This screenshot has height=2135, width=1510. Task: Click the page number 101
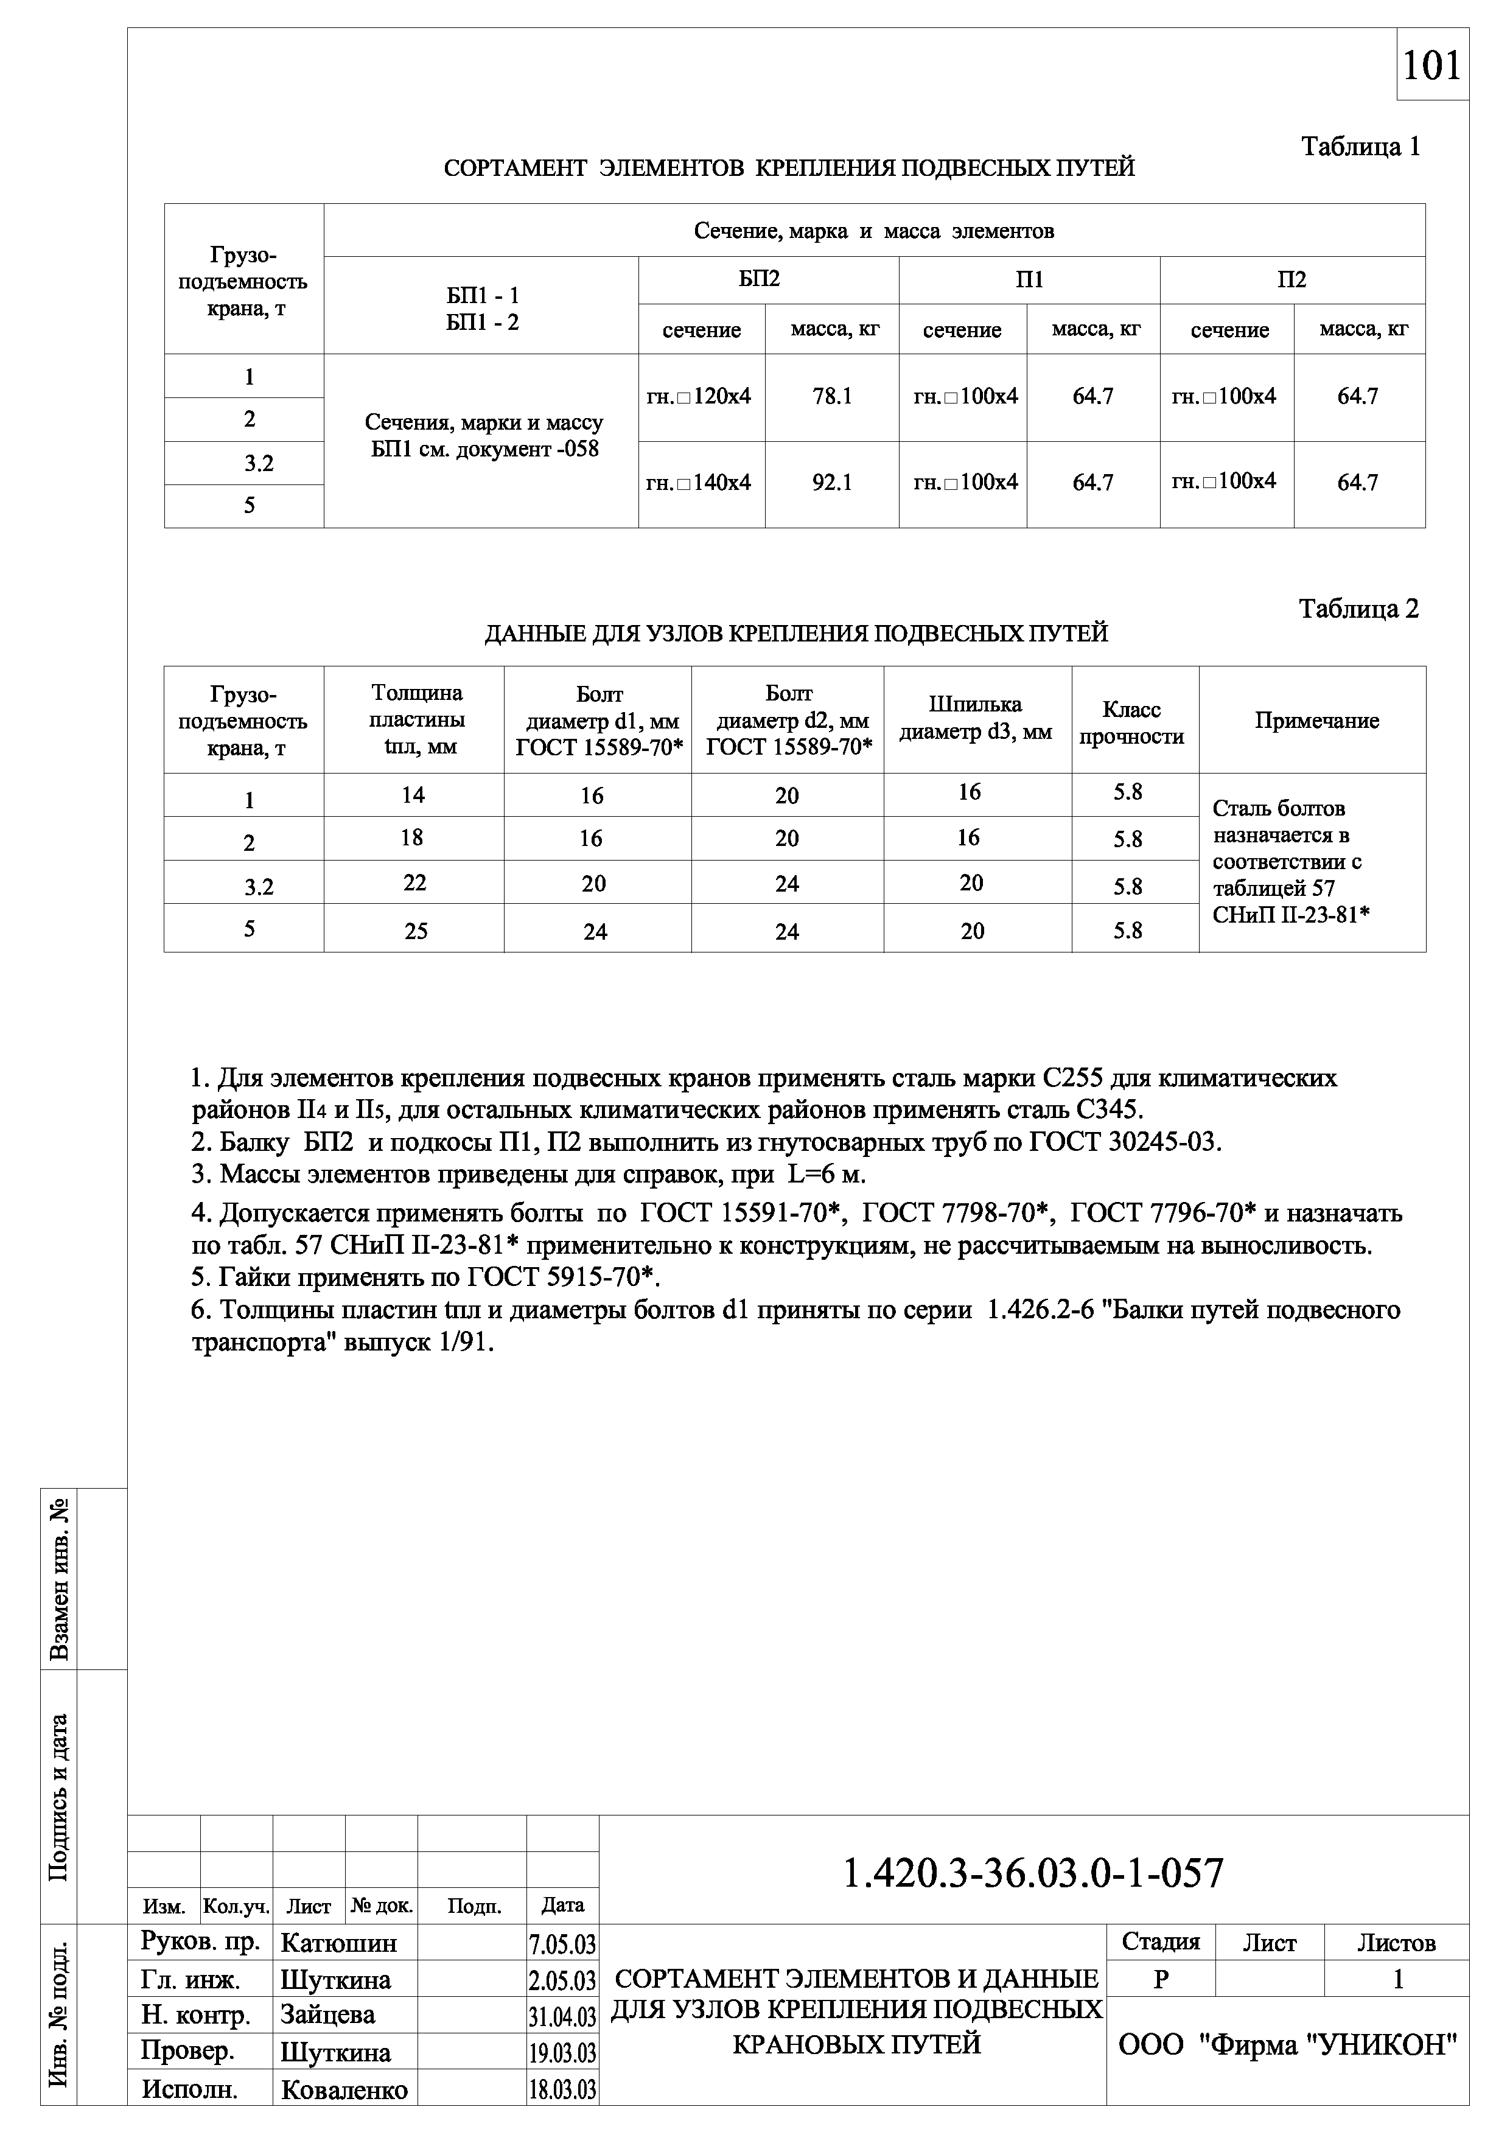tap(1432, 66)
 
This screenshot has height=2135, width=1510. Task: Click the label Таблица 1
tap(1360, 147)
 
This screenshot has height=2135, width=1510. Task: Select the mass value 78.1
tap(831, 397)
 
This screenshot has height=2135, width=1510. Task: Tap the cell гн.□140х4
tap(699, 483)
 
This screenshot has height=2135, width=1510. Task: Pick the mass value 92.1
tap(831, 483)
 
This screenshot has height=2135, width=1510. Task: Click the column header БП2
tap(759, 279)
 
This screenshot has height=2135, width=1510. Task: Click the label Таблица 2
tap(1358, 609)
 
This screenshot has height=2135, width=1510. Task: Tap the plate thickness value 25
tap(416, 931)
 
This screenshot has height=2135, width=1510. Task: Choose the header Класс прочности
tap(1131, 722)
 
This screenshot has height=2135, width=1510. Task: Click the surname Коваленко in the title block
tap(344, 2091)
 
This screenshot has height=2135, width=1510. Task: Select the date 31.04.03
tap(562, 2017)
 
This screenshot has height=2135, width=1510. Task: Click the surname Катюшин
tap(338, 1943)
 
